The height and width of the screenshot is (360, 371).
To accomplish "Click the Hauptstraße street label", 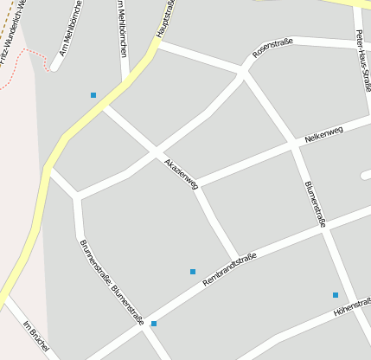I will point(166,20).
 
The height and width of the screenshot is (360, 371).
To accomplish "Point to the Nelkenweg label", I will point(324,135).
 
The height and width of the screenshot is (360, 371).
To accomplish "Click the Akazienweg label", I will point(181,172).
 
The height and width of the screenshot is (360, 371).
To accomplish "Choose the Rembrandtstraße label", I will point(229,269).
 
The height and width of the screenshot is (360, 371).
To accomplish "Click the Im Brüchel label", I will point(35,337).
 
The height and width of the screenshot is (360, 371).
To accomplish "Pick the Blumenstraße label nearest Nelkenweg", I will point(315,204).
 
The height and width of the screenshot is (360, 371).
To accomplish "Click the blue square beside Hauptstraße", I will point(93,94).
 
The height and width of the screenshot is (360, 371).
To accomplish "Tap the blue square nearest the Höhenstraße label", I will point(336,295).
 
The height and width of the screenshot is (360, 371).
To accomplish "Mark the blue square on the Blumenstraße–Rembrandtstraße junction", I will point(154,324).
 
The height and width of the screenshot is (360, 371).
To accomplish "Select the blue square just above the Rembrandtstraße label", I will point(193,272).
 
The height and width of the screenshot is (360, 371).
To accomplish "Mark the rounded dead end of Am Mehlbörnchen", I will point(54,67).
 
